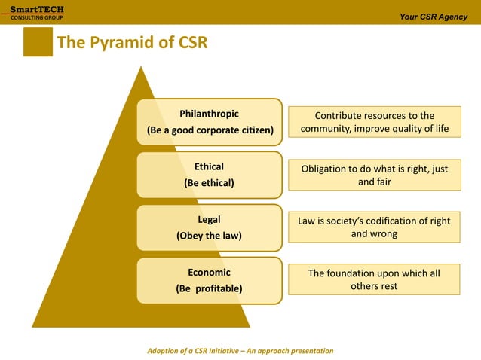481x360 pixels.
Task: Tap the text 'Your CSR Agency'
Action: (434, 17)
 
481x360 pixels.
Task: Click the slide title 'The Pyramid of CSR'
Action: (132, 43)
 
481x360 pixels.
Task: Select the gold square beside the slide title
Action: (38, 42)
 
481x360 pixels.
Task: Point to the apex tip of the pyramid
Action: (140, 68)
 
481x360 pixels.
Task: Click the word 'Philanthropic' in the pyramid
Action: (209, 114)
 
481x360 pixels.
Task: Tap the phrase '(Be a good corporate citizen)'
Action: (209, 130)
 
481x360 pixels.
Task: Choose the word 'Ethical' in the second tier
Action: (209, 166)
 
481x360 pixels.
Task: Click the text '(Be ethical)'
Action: (209, 183)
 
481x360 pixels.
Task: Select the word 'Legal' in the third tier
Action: (209, 219)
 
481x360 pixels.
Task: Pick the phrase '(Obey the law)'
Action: (209, 236)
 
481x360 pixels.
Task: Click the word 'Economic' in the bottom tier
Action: (209, 272)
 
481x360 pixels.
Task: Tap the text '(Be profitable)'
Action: (209, 288)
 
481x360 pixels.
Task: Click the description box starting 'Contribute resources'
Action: (374, 122)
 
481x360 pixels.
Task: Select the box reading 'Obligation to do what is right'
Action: (374, 175)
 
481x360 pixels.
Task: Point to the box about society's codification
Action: (374, 227)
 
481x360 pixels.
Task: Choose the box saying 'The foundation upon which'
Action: (374, 279)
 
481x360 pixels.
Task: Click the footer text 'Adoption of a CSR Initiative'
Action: (240, 351)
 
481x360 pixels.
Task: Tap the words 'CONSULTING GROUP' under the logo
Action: (32, 17)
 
